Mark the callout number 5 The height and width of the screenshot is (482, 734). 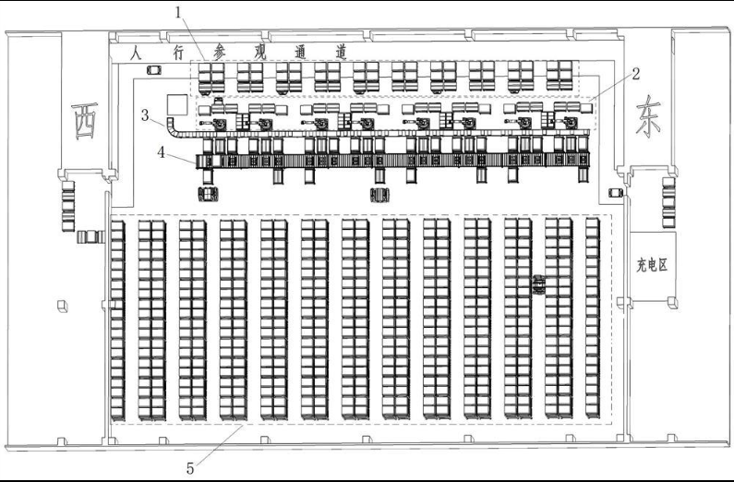click(x=191, y=466)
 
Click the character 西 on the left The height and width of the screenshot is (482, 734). click(x=86, y=120)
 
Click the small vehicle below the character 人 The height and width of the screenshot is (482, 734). click(x=153, y=70)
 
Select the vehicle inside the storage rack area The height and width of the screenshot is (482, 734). click(x=538, y=284)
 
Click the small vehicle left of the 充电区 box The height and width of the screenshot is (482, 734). click(x=616, y=192)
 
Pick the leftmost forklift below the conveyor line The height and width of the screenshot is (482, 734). click(x=207, y=193)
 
